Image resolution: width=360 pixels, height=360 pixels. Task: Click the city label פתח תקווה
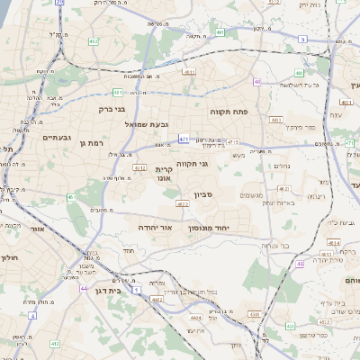click(234, 112)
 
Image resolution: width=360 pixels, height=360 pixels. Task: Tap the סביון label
click(202, 194)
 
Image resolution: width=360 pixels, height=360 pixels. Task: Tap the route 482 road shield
click(94, 41)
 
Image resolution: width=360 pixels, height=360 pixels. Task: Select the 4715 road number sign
click(233, 142)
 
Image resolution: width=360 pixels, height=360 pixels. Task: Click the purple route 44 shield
click(84, 290)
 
